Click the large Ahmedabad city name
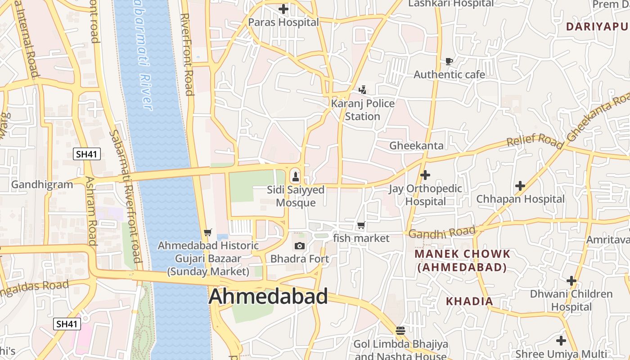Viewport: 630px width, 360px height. pos(268,297)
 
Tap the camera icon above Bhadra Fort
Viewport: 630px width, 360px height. pos(300,246)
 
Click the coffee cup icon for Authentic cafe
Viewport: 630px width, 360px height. pos(449,61)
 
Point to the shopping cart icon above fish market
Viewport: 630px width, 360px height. pos(361,225)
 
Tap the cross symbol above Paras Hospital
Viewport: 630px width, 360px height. pos(283,9)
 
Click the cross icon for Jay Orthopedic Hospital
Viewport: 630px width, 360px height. pos(425,175)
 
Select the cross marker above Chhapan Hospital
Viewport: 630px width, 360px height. pos(520,185)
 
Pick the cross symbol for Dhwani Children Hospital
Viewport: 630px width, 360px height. pos(571,281)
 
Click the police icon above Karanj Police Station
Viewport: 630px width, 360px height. pos(363,90)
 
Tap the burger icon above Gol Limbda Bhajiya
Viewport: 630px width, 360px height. pos(400,331)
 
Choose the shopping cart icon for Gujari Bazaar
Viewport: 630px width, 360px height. pos(207,232)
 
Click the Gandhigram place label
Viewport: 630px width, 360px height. pos(42,184)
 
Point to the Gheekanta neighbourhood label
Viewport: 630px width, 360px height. pos(416,145)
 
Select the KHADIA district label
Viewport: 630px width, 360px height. pos(469,301)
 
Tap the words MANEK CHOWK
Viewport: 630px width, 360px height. pos(462,254)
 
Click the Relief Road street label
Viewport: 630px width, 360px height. pos(535,140)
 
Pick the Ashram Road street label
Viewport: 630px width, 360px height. pos(91,210)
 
